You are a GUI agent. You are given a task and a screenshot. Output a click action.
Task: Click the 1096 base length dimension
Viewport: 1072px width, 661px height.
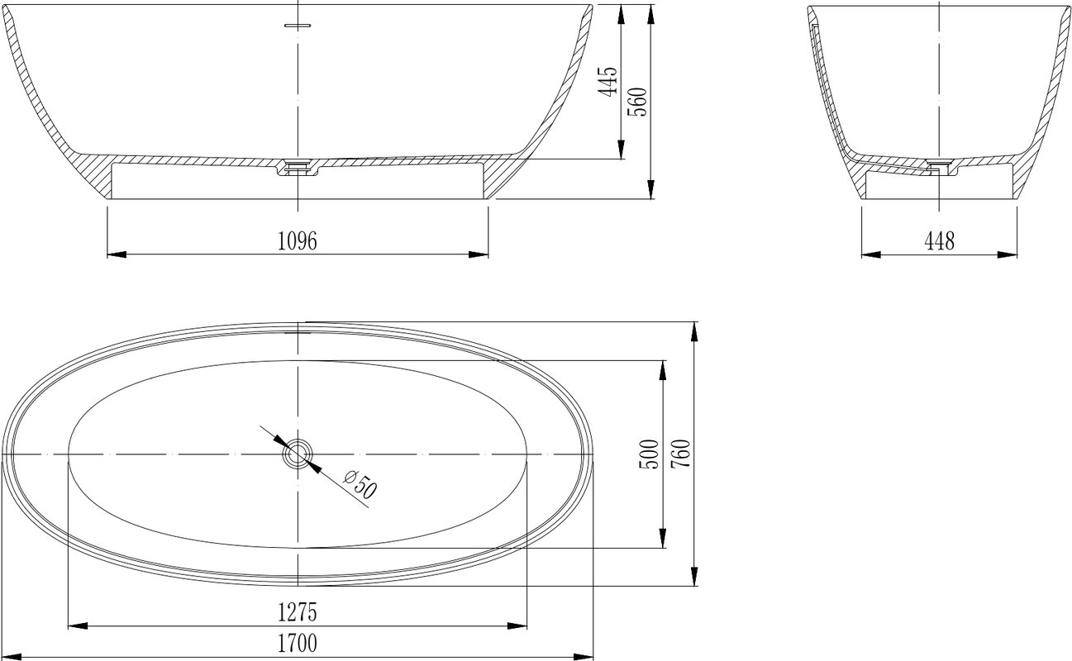click(x=298, y=241)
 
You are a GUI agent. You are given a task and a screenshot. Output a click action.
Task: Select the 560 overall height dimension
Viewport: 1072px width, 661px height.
click(x=637, y=102)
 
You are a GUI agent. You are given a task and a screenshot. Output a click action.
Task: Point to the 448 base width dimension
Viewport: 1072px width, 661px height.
click(x=940, y=241)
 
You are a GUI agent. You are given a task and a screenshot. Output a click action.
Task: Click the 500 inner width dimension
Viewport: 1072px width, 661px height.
click(x=650, y=454)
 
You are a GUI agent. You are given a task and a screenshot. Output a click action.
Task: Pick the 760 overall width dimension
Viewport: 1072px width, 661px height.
click(x=681, y=454)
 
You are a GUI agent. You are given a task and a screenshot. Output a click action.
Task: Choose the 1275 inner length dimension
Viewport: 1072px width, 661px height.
click(x=298, y=612)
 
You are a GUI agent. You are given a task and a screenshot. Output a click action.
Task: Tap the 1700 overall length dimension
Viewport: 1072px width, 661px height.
click(x=298, y=644)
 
